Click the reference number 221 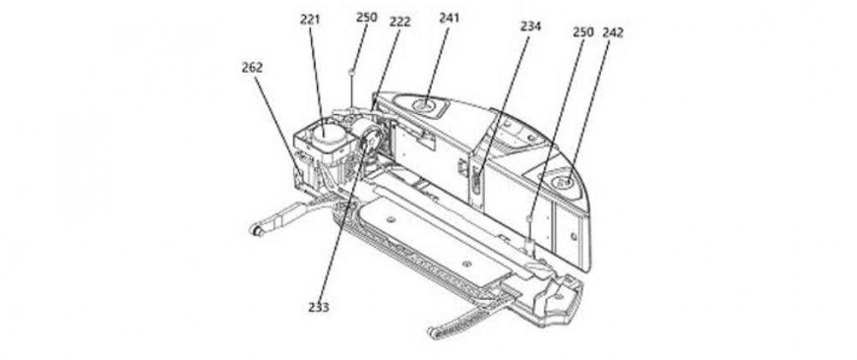310,20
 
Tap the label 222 399,22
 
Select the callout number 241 449,18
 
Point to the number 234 530,26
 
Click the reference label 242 613,33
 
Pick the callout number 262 252,68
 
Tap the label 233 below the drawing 319,308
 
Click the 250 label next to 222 366,17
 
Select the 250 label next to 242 583,33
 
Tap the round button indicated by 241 423,105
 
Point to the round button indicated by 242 562,182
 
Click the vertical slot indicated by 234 476,181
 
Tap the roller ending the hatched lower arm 432,331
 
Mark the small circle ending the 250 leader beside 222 352,71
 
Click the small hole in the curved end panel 573,236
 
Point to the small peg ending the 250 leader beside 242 529,219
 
